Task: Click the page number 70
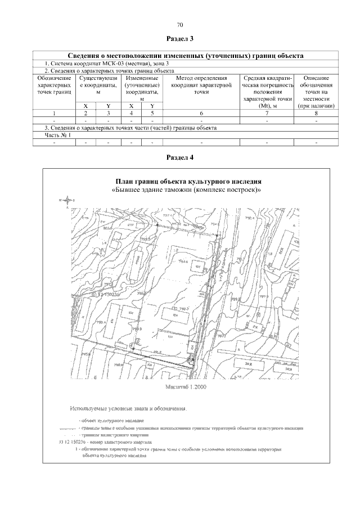pyautogui.click(x=180, y=25)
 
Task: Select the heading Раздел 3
pyautogui.click(x=180, y=39)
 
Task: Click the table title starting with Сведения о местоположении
pyautogui.click(x=186, y=56)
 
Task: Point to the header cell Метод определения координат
pyautogui.click(x=200, y=84)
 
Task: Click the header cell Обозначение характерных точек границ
pyautogui.click(x=55, y=84)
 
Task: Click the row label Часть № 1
pyautogui.click(x=58, y=136)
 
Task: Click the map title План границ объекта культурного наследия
pyautogui.click(x=188, y=182)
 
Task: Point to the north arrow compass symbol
pyautogui.click(x=67, y=200)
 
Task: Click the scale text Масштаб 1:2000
pyautogui.click(x=187, y=388)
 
